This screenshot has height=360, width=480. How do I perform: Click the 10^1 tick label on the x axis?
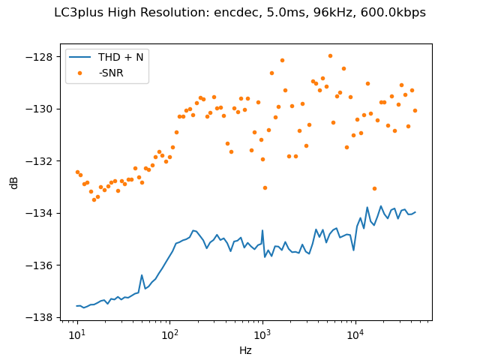[x=76, y=332]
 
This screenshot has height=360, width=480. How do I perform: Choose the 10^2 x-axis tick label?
[x=169, y=332]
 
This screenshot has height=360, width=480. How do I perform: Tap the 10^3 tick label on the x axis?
[x=262, y=332]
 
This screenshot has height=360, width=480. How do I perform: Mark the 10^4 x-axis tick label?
[x=355, y=332]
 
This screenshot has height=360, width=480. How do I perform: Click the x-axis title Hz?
[x=245, y=350]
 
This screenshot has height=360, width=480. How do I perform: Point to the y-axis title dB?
[x=14, y=182]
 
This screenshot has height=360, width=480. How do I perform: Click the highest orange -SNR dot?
[x=330, y=55]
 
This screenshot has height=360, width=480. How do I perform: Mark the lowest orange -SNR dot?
[x=94, y=199]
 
